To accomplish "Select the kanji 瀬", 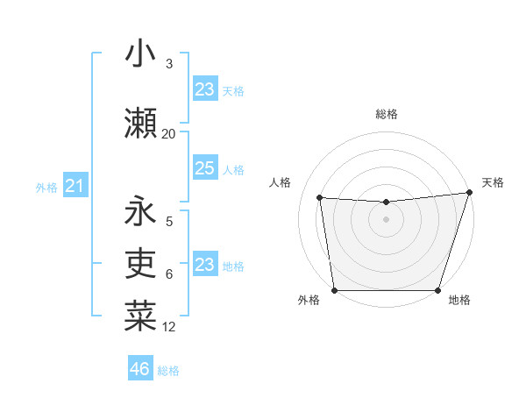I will [x=140, y=123].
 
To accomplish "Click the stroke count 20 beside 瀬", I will [x=168, y=133].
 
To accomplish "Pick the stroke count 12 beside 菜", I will [x=169, y=327].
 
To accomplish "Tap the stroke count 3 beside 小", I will [x=169, y=64].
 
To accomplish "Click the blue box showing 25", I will [x=204, y=168].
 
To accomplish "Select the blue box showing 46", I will [x=139, y=369].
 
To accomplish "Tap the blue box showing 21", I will [x=75, y=186].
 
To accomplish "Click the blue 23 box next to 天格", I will [x=204, y=89].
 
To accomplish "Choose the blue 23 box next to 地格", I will [x=204, y=265].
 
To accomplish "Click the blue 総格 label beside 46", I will [x=168, y=371].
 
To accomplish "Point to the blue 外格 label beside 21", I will [x=46, y=188].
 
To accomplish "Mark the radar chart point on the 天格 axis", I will [x=469, y=192].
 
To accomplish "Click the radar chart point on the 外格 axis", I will [x=334, y=290].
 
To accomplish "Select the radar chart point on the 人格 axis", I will [x=319, y=198].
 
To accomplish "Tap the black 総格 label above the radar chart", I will [x=386, y=114].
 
